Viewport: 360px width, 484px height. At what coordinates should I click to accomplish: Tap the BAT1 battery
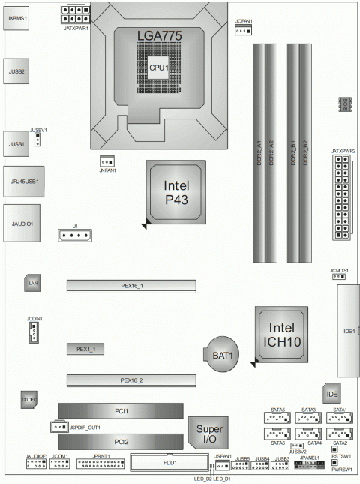(221, 352)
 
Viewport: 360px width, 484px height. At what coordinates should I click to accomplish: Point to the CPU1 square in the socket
(158, 67)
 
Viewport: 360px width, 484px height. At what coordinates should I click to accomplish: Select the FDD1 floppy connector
(165, 462)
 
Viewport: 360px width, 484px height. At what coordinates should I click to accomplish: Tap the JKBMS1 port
(16, 16)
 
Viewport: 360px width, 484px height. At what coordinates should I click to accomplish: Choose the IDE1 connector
(349, 331)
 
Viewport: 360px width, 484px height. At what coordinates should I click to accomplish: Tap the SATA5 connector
(278, 418)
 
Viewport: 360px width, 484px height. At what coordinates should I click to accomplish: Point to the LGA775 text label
(159, 35)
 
